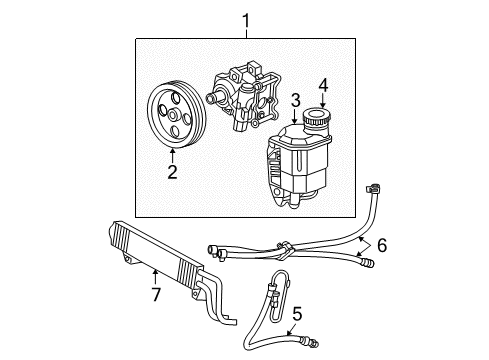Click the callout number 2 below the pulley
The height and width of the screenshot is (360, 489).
pos(172,172)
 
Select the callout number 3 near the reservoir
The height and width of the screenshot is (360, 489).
pos(295,100)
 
